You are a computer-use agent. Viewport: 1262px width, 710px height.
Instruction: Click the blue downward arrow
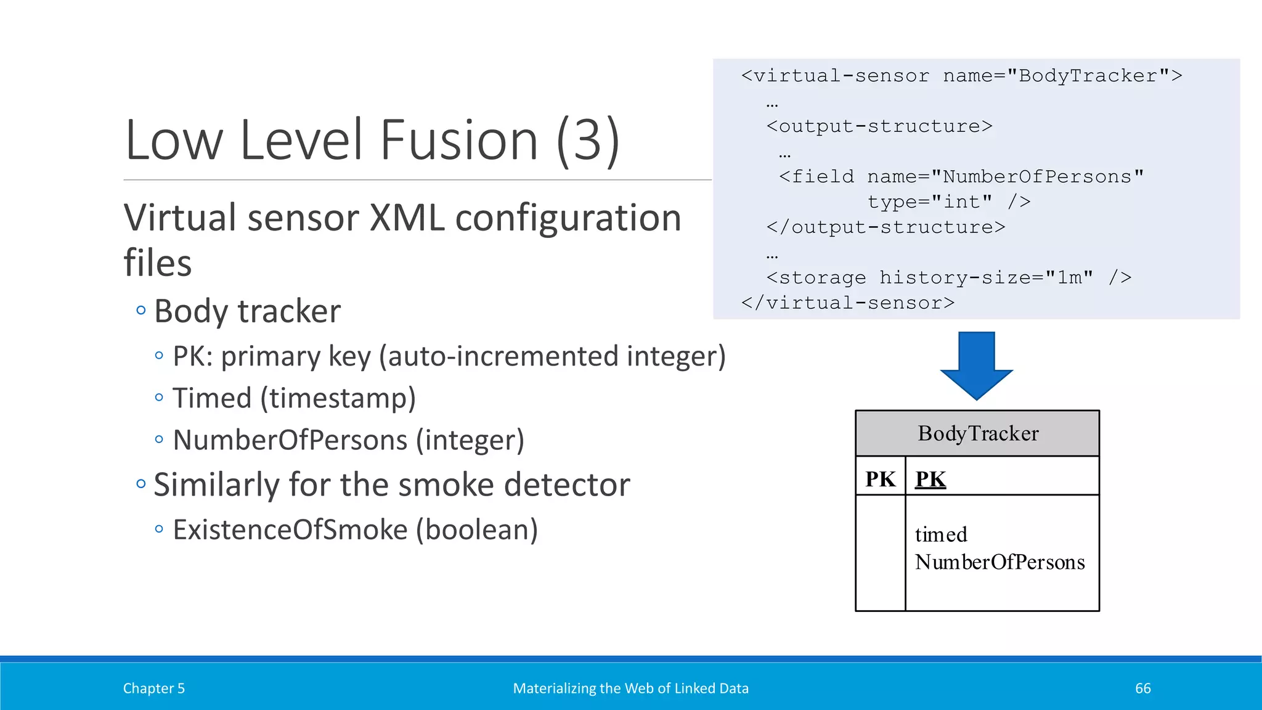coord(977,364)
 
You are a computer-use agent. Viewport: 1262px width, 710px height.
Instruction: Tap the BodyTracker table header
coord(977,433)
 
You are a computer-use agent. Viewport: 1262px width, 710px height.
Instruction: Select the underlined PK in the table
coord(930,479)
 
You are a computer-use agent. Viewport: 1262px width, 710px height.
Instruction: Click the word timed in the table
coord(941,534)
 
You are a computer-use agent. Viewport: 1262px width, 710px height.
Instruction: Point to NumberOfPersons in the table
coord(999,562)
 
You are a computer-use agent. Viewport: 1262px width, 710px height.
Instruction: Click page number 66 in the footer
coord(1142,688)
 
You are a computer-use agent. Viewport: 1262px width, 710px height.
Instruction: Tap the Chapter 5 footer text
coord(154,688)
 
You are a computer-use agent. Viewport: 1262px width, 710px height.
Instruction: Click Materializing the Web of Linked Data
coord(630,688)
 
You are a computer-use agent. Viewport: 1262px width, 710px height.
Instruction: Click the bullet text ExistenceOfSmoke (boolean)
coord(355,530)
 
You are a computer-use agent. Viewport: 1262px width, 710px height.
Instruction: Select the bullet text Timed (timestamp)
coord(294,398)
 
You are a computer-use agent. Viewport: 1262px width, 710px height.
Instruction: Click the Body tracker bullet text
coord(247,311)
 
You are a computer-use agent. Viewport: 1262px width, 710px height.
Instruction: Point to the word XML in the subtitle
coord(407,218)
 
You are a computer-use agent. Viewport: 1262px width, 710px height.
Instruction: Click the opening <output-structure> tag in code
coord(879,126)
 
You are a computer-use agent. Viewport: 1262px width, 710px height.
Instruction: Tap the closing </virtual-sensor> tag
coord(848,303)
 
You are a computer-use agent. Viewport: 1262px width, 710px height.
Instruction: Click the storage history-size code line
coord(948,278)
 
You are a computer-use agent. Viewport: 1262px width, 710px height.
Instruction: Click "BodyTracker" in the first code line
coord(1088,76)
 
